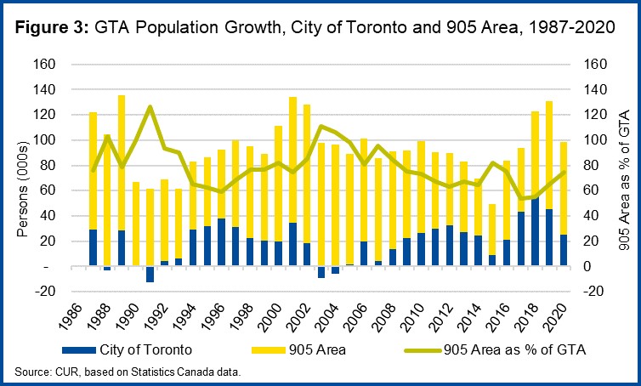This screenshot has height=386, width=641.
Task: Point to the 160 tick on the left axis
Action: point(44,65)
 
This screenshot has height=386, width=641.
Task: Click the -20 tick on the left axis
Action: point(45,292)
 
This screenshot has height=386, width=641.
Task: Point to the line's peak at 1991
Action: point(150,106)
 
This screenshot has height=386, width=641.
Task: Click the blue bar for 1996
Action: point(221,242)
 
